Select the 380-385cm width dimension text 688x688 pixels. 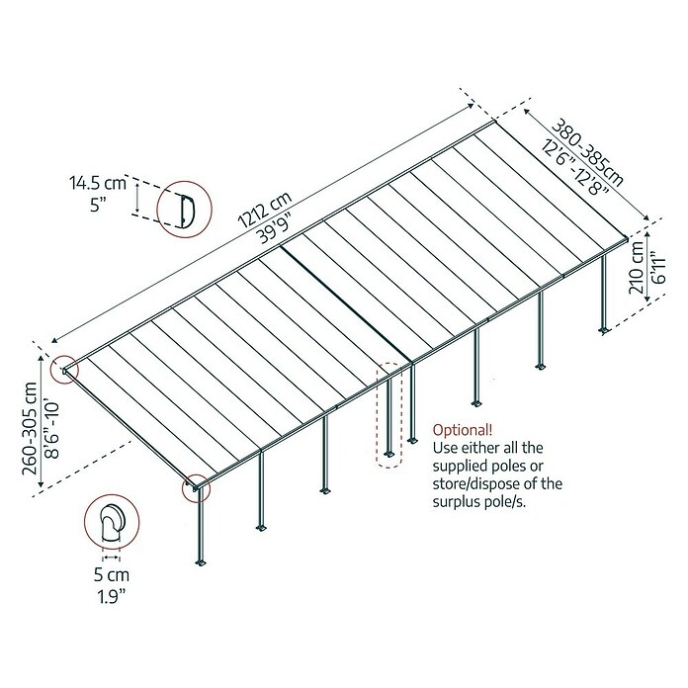pos(587,152)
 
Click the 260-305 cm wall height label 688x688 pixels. pos(30,429)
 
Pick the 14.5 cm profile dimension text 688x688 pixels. pos(98,183)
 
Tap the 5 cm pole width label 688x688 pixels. pos(112,574)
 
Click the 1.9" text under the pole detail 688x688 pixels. pos(112,596)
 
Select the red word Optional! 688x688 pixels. pos(462,430)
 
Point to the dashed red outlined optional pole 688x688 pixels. pos(388,414)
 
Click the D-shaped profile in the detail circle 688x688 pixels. pos(187,211)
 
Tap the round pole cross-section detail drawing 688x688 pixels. pos(112,524)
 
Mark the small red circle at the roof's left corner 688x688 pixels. pos(64,370)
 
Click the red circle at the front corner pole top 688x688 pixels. pos(196,487)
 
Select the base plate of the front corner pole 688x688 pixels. pos(201,562)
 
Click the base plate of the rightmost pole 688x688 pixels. pos(604,330)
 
